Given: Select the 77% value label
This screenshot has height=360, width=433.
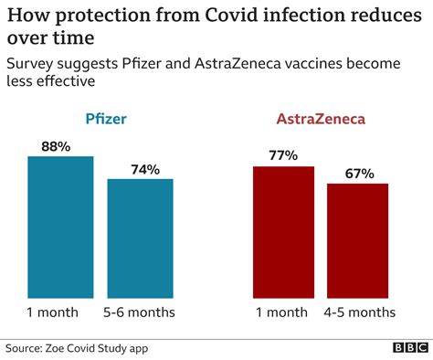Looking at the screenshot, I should tap(283, 154).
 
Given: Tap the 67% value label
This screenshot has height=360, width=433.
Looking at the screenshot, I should tap(357, 172).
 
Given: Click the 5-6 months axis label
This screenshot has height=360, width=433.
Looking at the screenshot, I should tap(140, 312).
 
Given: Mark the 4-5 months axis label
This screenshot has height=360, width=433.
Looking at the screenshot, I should tap(359, 312).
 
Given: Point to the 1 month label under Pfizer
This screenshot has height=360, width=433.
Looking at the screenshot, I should tap(53, 312).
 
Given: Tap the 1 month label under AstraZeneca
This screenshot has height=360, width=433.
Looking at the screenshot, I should tap(280, 312).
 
